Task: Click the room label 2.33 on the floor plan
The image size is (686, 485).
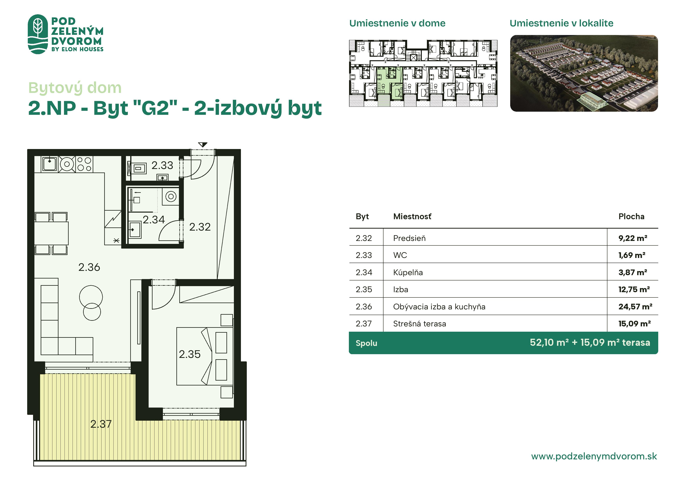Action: point(162,165)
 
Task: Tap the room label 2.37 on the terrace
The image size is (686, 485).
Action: point(101,424)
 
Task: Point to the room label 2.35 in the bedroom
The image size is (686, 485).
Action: point(190,354)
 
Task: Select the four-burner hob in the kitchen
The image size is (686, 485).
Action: point(84,164)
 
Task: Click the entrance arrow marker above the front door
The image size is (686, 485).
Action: point(203,145)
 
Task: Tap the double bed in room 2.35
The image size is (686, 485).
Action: point(205,356)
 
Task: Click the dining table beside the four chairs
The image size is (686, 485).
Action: point(51,233)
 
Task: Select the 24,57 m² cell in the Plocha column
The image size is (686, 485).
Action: point(635,307)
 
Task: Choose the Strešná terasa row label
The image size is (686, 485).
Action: point(419,324)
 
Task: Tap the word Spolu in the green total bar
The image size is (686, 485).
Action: point(366,343)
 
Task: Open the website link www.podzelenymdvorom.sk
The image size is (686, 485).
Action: point(594,456)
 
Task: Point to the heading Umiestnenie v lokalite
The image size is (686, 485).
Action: point(561,23)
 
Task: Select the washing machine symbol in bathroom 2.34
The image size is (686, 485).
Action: point(171,197)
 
